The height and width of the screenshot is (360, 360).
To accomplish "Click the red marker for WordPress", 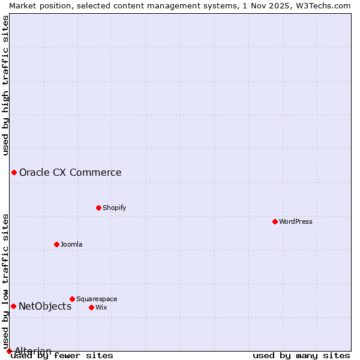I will coord(275,221).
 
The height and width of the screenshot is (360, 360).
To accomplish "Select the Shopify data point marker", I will coord(98,208).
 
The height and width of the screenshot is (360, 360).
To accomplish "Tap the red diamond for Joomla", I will coord(56,244).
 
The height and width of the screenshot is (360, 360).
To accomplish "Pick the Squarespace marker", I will coord(72,299).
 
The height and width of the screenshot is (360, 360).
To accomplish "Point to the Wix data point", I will coord(91,307).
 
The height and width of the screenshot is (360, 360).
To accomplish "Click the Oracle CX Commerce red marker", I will coord(14,173).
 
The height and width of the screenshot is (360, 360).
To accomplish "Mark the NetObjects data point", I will coord(13,307).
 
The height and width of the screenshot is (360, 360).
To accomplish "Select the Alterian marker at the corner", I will coord(9,351).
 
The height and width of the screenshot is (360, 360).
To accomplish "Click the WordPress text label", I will coord(296,221).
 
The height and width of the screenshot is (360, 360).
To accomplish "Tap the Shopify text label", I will coord(115,208).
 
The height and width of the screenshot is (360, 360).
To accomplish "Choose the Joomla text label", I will coord(71,244).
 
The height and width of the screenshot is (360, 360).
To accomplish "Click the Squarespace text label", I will coord(97,299).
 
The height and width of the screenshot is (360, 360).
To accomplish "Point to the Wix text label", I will coord(101,307).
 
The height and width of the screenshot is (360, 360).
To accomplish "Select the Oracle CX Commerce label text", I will coord(70,173).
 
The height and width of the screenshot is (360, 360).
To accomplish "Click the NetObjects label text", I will coord(45,307).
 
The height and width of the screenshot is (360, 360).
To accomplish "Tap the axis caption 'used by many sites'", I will coord(301,355).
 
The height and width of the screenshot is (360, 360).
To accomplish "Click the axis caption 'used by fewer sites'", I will coord(62,355).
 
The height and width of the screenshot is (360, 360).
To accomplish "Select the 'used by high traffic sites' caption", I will coord(5,85).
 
